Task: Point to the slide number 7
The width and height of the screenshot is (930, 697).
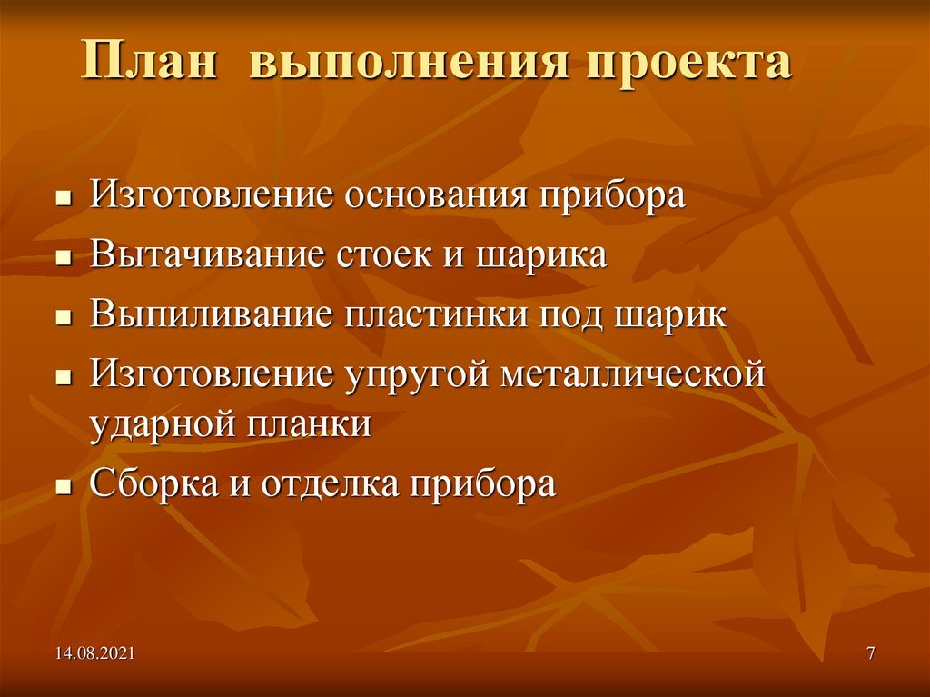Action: [871, 652]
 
